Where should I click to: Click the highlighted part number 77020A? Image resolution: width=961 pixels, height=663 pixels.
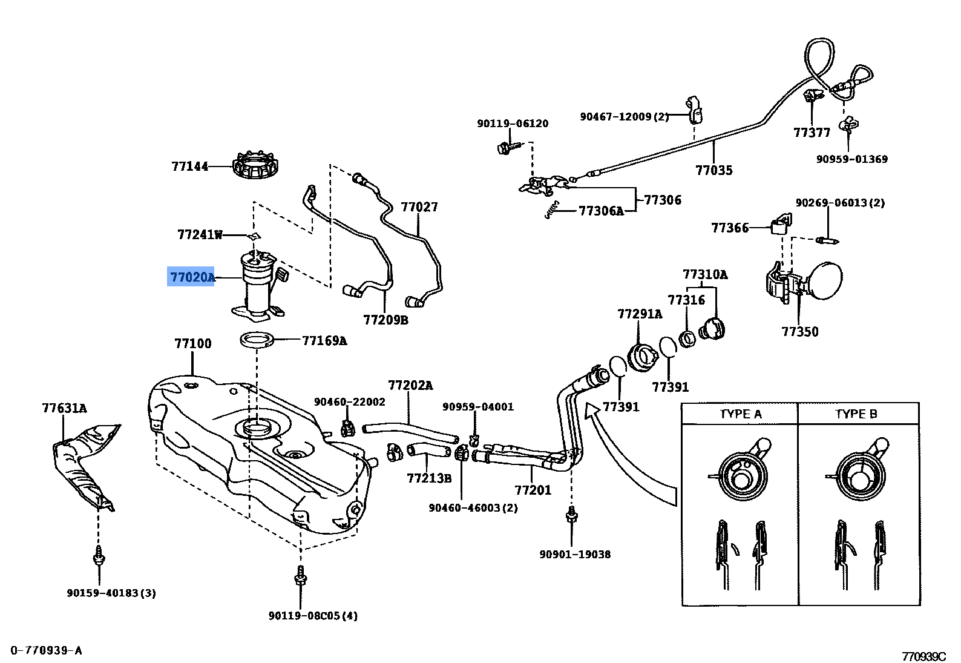(191, 278)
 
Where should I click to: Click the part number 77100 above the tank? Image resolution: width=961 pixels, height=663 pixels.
(193, 344)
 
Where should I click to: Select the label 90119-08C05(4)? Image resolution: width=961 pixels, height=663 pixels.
(313, 616)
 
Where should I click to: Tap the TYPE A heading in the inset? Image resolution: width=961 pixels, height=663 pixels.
(740, 415)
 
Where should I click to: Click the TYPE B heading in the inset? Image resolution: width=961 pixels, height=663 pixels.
(856, 415)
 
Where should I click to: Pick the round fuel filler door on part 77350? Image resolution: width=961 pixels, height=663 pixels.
(824, 280)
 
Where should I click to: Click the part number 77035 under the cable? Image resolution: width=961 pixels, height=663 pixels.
(713, 170)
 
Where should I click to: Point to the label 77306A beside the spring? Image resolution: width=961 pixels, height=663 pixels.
(600, 211)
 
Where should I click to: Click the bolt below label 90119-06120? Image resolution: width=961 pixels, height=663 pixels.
(504, 147)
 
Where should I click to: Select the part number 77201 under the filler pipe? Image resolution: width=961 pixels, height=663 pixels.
(533, 489)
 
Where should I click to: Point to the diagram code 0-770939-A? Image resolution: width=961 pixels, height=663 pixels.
(45, 650)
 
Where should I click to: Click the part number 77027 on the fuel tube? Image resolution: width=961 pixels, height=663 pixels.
(419, 207)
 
